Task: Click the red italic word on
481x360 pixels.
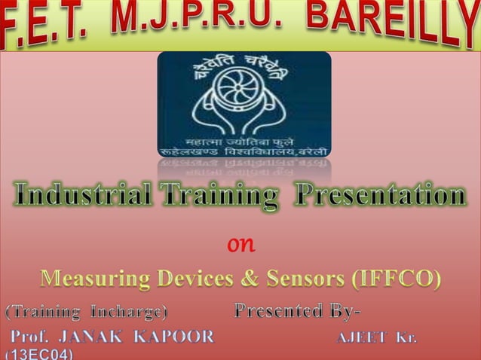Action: pyautogui.click(x=241, y=245)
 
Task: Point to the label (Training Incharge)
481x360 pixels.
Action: pyautogui.click(x=87, y=310)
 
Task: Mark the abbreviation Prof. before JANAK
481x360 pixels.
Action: pyautogui.click(x=30, y=335)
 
